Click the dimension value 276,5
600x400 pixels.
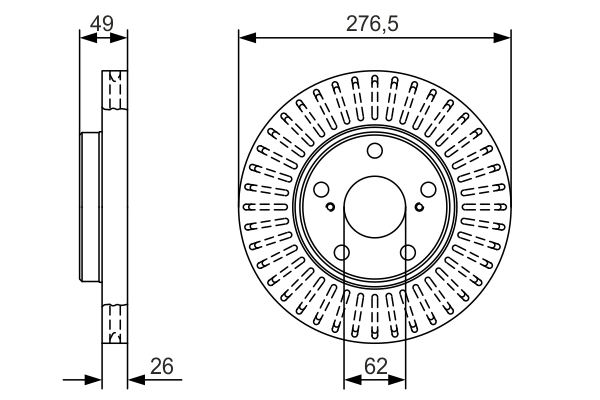(x=374, y=22)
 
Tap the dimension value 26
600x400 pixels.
(x=161, y=367)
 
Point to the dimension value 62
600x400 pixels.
(x=375, y=367)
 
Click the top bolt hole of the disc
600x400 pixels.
(x=375, y=151)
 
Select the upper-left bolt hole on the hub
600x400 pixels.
(x=321, y=190)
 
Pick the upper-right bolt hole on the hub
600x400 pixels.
(x=428, y=190)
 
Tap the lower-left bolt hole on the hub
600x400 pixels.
(x=342, y=252)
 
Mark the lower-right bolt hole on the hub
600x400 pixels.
(x=407, y=252)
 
